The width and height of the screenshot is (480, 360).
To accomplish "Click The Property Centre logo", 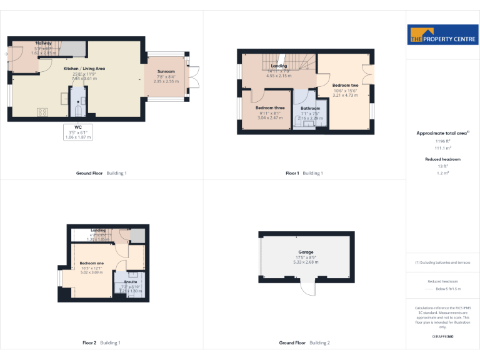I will click(442, 36).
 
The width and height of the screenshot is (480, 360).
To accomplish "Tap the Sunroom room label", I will click(166, 72).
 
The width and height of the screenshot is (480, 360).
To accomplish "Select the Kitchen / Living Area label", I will click(84, 68).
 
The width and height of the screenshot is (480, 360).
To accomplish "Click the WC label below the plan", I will click(77, 126).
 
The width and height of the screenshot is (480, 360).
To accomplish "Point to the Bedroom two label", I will click(345, 85).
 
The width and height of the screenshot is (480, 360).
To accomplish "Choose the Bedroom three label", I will click(270, 108).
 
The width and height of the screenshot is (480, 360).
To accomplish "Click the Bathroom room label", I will click(310, 108).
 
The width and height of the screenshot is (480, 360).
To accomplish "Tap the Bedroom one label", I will click(91, 263).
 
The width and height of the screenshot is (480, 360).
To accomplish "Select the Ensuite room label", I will click(131, 282).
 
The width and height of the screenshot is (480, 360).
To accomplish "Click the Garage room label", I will click(306, 252).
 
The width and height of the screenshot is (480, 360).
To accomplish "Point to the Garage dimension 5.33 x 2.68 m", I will click(306, 262).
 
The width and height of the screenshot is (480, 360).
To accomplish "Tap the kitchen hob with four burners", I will click(43, 112).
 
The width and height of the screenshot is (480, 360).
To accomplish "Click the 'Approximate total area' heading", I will click(442, 133).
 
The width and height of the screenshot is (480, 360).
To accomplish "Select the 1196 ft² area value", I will click(442, 142).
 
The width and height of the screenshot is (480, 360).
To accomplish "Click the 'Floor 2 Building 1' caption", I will click(101, 342).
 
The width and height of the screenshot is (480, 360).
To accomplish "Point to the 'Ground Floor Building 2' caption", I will click(304, 342).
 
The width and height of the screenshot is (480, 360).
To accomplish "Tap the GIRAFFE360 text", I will click(442, 337).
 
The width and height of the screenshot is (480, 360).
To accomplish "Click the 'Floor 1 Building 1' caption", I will click(304, 172).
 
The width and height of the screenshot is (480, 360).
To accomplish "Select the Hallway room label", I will click(44, 43).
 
